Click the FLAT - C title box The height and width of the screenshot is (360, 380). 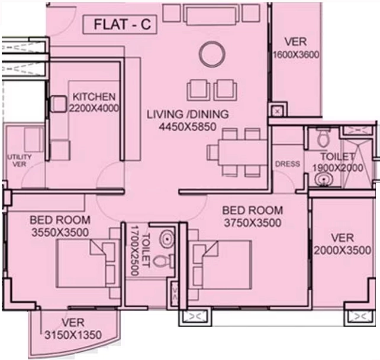point(120,24)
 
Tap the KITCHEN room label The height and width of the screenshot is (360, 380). point(94,97)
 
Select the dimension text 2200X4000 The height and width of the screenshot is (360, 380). point(94,108)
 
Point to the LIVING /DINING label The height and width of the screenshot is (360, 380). point(188,114)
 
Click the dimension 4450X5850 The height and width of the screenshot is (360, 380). point(188,127)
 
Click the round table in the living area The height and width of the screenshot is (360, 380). point(212,54)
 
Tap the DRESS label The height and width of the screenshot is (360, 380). point(288,164)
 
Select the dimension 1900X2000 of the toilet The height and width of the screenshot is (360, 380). point(338,167)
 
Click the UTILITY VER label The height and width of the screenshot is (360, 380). point(19,161)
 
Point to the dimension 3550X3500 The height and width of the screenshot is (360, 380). point(60,232)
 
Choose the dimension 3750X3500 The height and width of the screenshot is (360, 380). point(253,223)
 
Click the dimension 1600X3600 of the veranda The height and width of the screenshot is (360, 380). point(296,55)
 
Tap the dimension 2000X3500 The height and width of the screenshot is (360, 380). point(343,250)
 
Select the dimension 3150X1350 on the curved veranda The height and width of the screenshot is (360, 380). point(73,335)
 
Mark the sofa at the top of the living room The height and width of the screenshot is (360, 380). point(211,14)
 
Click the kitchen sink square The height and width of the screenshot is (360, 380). point(58,104)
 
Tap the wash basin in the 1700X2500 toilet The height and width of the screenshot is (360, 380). point(166,238)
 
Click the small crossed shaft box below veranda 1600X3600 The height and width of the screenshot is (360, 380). point(278,112)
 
